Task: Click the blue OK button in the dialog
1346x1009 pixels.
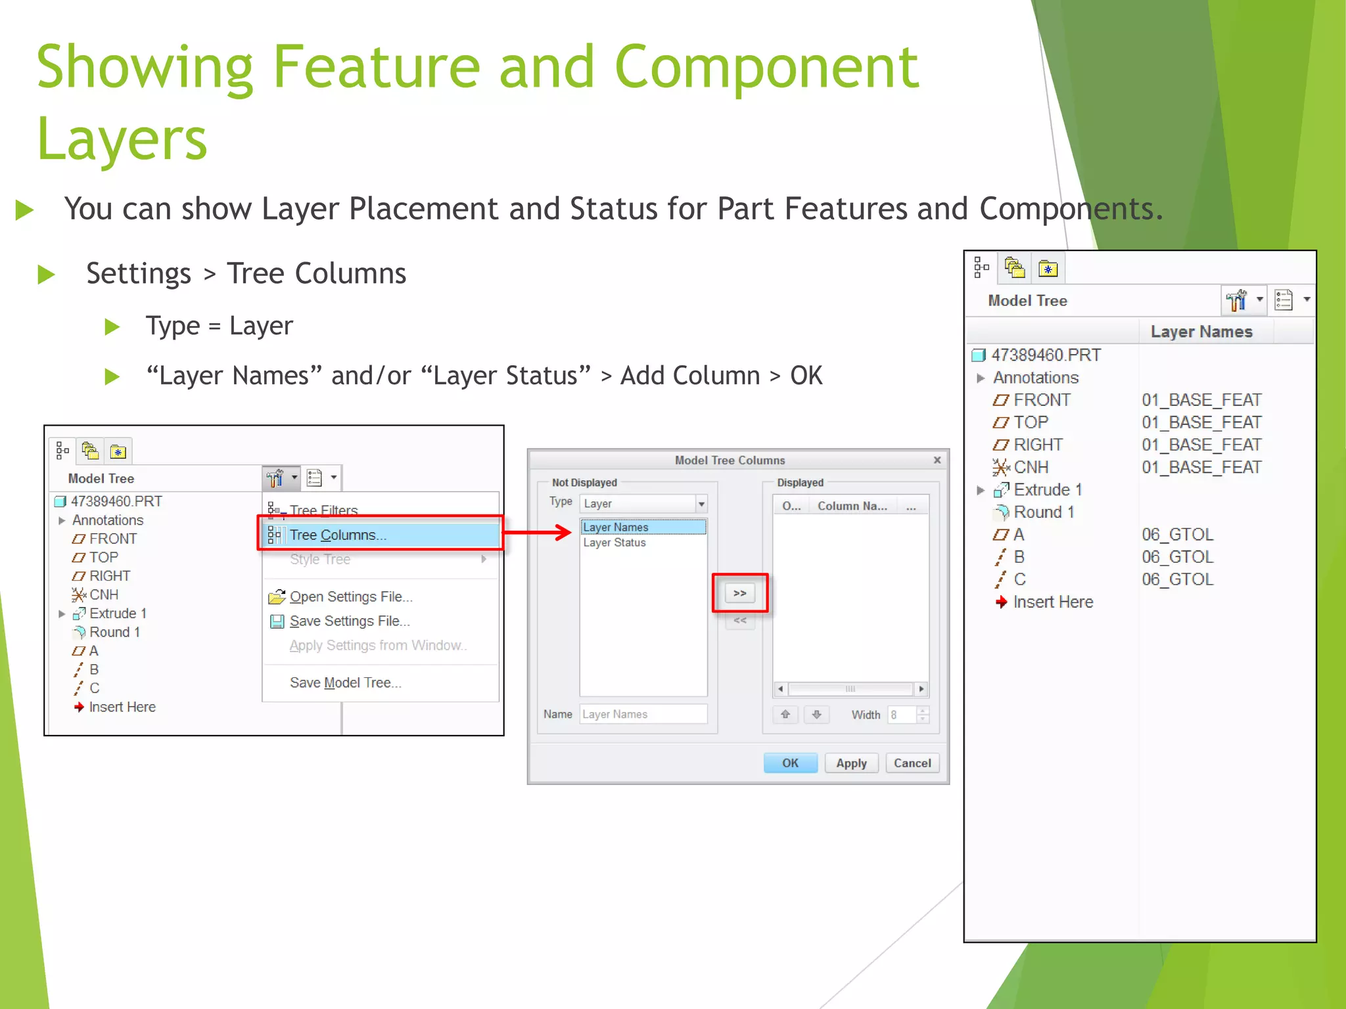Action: click(x=790, y=763)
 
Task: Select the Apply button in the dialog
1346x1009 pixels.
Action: click(x=851, y=763)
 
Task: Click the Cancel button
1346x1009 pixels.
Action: click(x=912, y=763)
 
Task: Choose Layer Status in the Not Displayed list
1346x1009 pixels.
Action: click(x=615, y=543)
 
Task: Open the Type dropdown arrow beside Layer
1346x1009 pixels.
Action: click(x=701, y=504)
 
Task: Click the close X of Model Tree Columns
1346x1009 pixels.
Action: click(x=937, y=460)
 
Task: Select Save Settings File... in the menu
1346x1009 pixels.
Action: click(x=349, y=621)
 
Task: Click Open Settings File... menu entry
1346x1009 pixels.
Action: click(x=350, y=596)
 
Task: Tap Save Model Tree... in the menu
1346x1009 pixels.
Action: click(x=345, y=683)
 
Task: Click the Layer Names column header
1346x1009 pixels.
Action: click(x=1201, y=332)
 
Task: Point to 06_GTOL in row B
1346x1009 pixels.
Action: click(x=1177, y=557)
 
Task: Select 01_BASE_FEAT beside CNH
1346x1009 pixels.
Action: click(x=1201, y=467)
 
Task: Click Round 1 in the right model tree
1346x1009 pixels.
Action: click(x=1044, y=512)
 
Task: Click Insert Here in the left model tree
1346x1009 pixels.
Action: click(x=122, y=707)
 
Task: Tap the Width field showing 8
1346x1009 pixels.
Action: click(x=901, y=715)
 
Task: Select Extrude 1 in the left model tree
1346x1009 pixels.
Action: click(x=118, y=614)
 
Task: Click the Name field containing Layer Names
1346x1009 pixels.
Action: click(x=642, y=714)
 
